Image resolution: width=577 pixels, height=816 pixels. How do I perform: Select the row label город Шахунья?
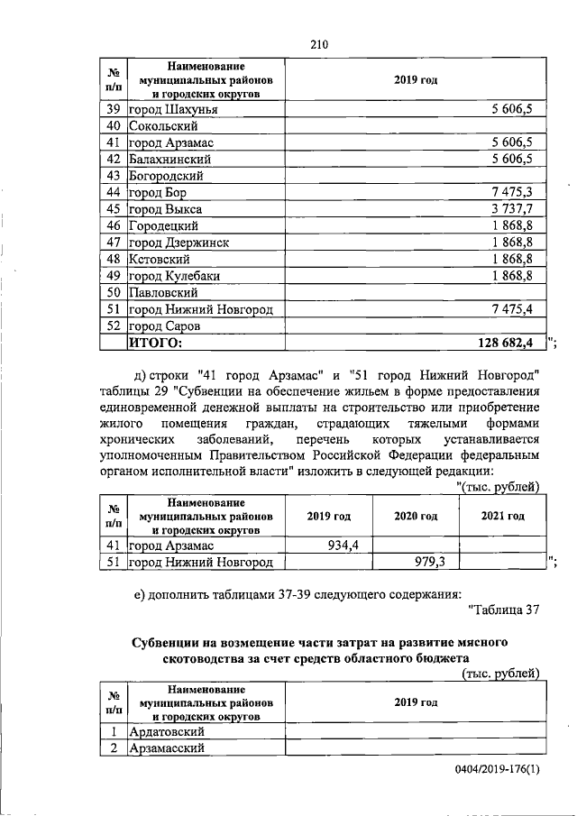[x=174, y=110]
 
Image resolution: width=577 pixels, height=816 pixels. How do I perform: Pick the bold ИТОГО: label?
[x=156, y=342]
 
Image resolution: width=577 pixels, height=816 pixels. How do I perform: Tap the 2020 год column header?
[x=416, y=516]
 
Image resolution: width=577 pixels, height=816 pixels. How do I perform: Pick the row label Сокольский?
[x=164, y=126]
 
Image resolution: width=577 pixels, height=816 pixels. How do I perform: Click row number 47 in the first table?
[x=114, y=243]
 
